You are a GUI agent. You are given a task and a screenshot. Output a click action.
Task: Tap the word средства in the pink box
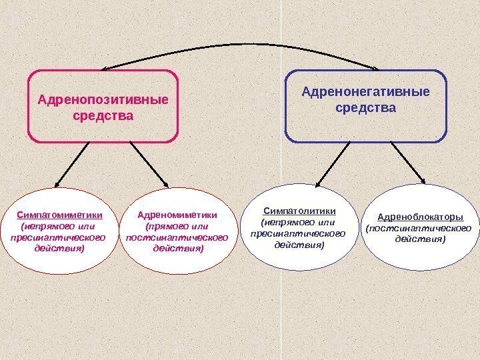click(103, 116)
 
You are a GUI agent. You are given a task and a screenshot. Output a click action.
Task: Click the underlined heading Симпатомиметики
click(59, 215)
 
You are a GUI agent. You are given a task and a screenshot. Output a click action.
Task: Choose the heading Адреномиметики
click(177, 215)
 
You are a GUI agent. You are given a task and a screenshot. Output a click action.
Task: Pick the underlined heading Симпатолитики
click(298, 211)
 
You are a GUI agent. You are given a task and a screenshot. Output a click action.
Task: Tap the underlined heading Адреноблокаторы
click(420, 217)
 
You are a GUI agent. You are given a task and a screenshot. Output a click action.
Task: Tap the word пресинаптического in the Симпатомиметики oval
click(59, 237)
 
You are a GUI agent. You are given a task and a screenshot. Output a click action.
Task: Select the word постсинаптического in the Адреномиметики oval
click(177, 237)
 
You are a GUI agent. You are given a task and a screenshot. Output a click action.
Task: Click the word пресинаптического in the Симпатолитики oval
click(298, 233)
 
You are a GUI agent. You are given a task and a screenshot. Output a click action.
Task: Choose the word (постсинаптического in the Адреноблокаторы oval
click(420, 228)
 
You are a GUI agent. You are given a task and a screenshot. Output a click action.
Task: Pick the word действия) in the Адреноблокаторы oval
click(420, 239)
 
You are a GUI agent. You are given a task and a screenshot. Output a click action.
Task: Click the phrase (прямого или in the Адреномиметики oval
click(177, 226)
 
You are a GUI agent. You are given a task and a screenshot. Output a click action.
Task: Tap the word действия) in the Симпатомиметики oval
click(59, 248)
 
